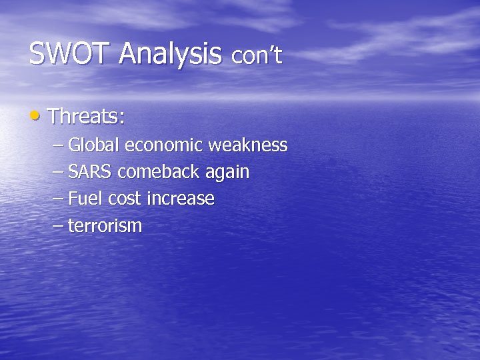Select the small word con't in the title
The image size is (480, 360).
(257, 57)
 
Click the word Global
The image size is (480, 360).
(94, 145)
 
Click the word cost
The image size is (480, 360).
(125, 199)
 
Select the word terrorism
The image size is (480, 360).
(105, 226)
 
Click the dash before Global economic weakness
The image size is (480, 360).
(58, 145)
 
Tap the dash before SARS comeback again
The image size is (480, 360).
(58, 173)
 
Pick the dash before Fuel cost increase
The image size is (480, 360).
(58, 199)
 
